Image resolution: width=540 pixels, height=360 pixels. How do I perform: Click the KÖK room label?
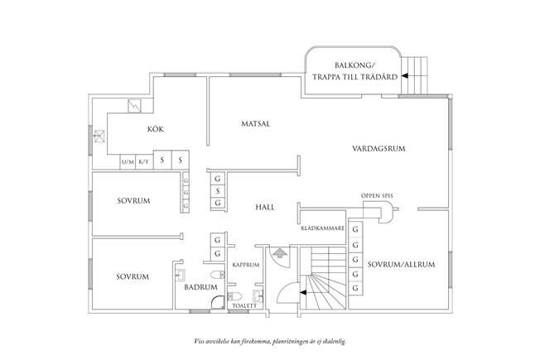[155, 128]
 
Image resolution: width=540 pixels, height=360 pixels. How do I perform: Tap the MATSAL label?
[256, 123]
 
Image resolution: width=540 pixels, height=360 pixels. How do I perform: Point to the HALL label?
[265, 207]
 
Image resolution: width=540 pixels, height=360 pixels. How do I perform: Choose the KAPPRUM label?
[247, 265]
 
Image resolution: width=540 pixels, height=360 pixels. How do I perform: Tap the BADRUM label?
[200, 287]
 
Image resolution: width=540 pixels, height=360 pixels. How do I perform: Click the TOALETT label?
[245, 305]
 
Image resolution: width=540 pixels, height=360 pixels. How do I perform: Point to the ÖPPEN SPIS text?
[378, 196]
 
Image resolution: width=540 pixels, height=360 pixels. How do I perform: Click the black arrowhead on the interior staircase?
[303, 291]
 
